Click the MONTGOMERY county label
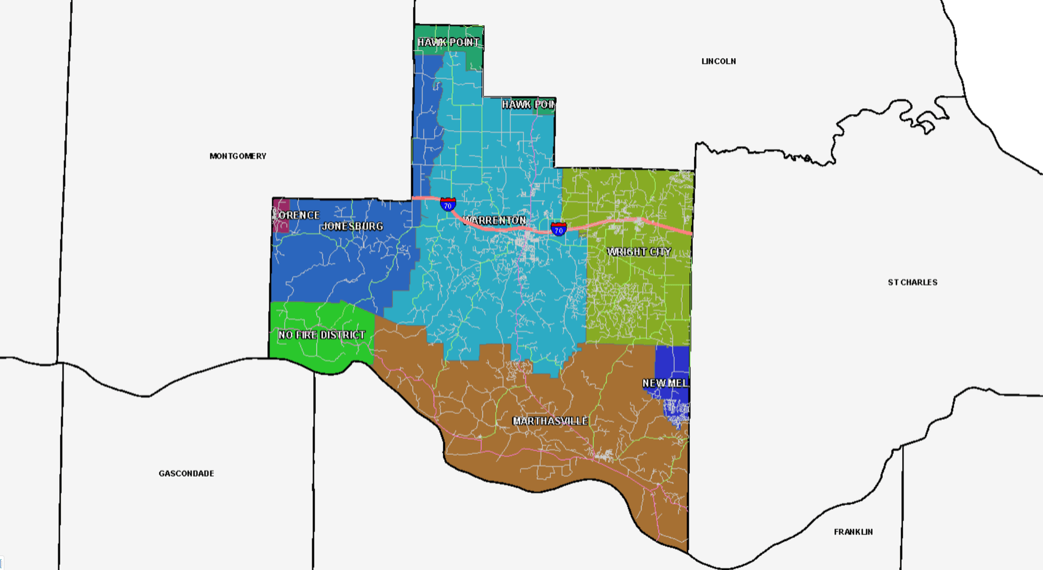(x=238, y=156)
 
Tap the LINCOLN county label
(x=718, y=61)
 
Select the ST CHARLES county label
(x=912, y=282)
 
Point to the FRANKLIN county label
(x=853, y=532)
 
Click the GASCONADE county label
(x=186, y=474)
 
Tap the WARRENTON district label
(x=495, y=220)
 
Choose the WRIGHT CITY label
(x=639, y=252)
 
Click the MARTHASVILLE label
(x=550, y=421)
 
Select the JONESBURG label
(x=353, y=226)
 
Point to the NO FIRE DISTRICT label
(x=322, y=335)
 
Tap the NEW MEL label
(x=665, y=383)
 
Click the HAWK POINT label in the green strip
(x=448, y=42)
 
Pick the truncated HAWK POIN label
(x=528, y=104)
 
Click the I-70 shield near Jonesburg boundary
(x=448, y=205)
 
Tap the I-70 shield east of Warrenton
(x=558, y=229)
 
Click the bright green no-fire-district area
(x=304, y=354)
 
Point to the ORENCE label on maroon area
(x=298, y=215)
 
